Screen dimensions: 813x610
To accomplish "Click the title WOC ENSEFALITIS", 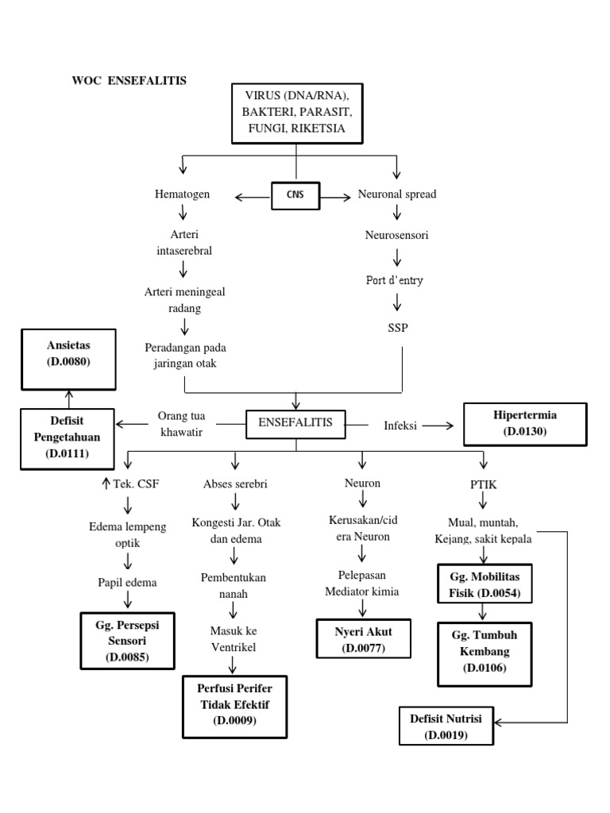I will pyautogui.click(x=129, y=80).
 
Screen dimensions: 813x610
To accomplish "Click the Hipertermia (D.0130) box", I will pyautogui.click(x=524, y=423).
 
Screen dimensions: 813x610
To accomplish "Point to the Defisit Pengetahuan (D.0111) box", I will pyautogui.click(x=68, y=436).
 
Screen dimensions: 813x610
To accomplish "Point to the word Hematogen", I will pyautogui.click(x=183, y=194).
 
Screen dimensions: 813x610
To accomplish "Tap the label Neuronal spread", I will pyautogui.click(x=397, y=194).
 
